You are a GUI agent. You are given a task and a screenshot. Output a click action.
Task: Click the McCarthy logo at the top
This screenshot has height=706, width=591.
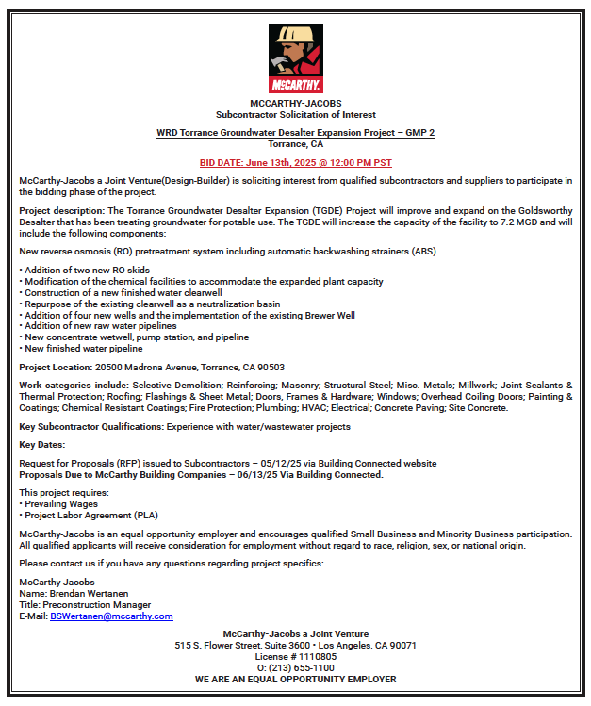point(295,57)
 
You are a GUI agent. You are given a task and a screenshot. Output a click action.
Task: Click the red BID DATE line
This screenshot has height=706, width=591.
point(296,162)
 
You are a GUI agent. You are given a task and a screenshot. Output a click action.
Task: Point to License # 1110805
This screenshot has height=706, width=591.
point(295,656)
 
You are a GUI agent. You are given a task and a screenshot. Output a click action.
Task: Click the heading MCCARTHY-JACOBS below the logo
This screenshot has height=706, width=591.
point(295,103)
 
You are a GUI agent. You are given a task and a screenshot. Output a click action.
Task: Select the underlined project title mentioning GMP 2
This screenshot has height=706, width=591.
point(295,133)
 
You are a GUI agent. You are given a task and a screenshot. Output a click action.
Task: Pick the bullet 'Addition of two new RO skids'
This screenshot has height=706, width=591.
point(86,270)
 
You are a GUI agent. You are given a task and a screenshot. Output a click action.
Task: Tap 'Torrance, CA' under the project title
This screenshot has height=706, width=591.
point(295,144)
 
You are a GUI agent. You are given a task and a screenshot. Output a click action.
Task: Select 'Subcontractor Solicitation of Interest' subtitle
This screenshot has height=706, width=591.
point(295,114)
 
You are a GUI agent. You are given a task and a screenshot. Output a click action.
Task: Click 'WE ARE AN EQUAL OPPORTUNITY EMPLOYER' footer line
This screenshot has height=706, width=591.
point(295,679)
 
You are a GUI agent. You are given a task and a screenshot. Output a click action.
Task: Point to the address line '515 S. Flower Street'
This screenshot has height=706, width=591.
point(295,645)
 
